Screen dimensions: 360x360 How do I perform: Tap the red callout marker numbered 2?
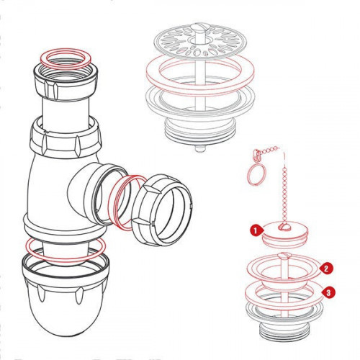(x=325, y=269)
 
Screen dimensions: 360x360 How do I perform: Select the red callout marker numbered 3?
(x=328, y=292)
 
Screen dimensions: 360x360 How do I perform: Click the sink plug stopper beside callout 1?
(x=285, y=233)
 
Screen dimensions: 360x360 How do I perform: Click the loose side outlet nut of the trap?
(x=162, y=210)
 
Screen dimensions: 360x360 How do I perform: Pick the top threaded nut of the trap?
(x=66, y=81)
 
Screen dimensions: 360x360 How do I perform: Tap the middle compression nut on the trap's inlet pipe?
(x=65, y=139)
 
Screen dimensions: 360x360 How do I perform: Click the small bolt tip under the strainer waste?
(x=200, y=149)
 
